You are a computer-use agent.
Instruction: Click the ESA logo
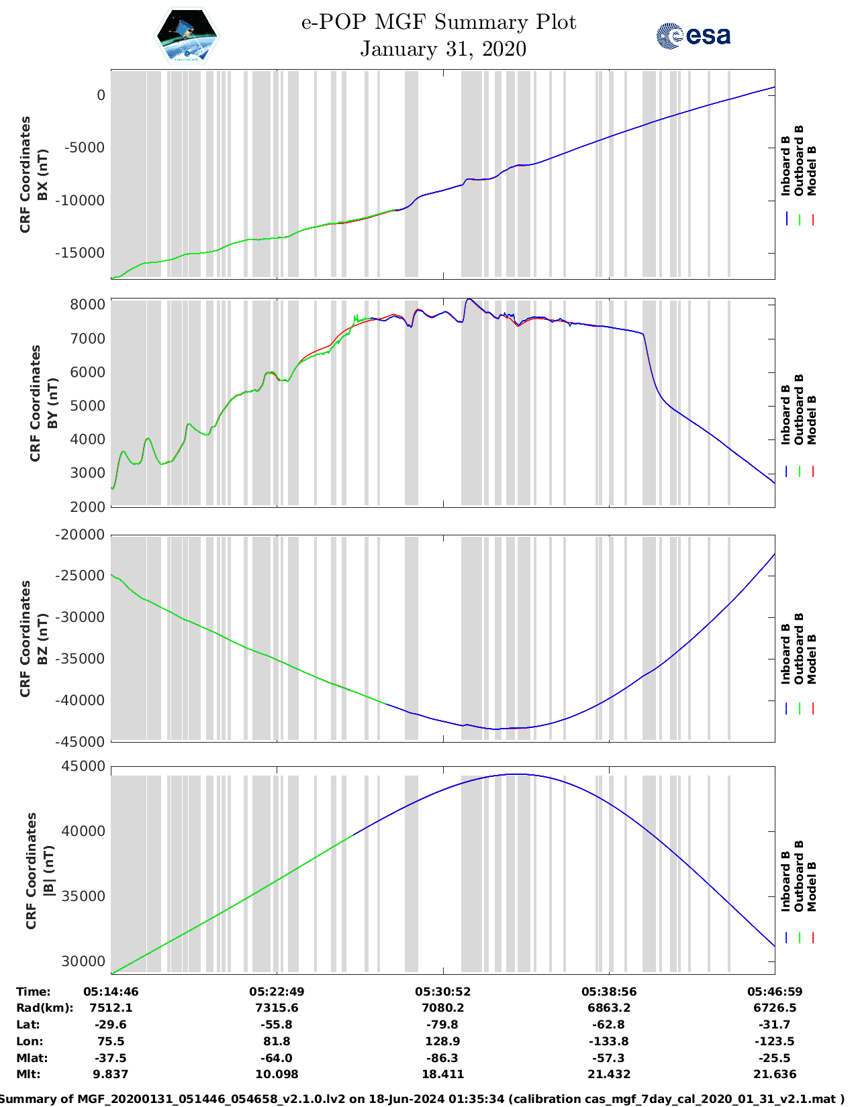(x=694, y=36)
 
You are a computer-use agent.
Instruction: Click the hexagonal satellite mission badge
(x=187, y=36)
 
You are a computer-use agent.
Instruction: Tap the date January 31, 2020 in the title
(x=443, y=49)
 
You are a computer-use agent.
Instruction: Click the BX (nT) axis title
(x=43, y=174)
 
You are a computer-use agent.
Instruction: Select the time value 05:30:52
(x=442, y=992)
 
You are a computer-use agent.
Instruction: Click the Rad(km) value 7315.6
(x=277, y=1008)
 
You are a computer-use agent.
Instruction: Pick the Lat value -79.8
(x=442, y=1024)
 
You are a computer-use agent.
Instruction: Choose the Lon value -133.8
(x=609, y=1041)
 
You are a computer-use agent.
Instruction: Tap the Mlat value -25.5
(x=775, y=1058)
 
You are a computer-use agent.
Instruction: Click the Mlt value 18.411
(x=442, y=1074)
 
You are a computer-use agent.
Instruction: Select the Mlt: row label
(x=28, y=1074)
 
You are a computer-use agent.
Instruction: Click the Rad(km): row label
(x=44, y=1008)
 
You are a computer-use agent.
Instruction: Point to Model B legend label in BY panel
(x=812, y=419)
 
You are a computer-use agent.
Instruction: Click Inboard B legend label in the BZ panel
(x=786, y=653)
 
